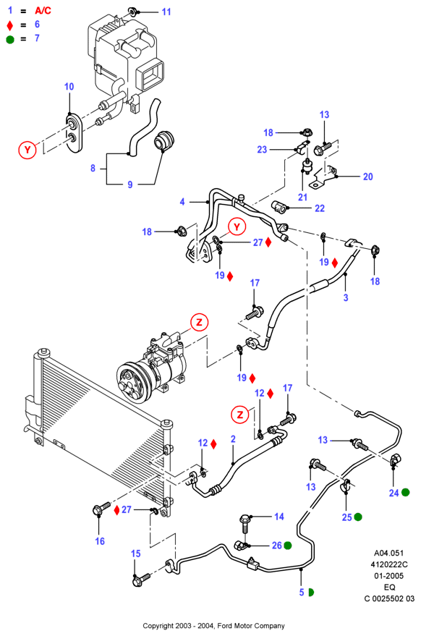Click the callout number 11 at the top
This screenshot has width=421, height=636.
(x=166, y=12)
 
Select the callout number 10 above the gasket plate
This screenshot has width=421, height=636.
(x=69, y=86)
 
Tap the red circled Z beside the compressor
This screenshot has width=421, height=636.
(x=199, y=322)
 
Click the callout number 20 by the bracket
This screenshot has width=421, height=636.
(x=367, y=177)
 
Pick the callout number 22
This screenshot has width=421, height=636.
(x=320, y=208)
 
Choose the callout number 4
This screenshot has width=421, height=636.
(x=182, y=202)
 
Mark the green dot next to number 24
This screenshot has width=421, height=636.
(x=405, y=493)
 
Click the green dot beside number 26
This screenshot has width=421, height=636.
(x=288, y=546)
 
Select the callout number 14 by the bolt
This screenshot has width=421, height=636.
(x=278, y=517)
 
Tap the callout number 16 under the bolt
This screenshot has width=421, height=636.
(x=100, y=540)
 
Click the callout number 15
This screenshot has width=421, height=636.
(x=135, y=554)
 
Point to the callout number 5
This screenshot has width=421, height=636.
(x=302, y=592)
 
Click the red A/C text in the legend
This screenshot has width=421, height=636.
(x=43, y=11)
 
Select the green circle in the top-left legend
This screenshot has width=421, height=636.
(x=9, y=39)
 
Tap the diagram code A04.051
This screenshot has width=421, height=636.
(x=388, y=553)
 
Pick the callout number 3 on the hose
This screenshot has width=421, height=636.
(x=346, y=297)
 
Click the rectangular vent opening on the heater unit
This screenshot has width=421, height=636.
(x=150, y=75)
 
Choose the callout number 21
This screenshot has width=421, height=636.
(x=302, y=197)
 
